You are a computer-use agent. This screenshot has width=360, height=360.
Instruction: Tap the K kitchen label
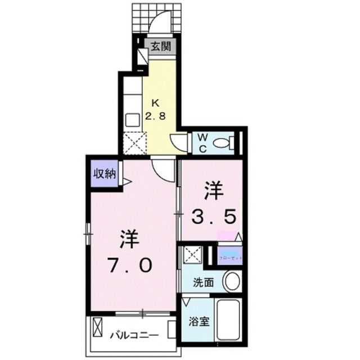point(155,103)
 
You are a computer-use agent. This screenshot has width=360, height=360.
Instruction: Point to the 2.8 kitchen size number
point(156,116)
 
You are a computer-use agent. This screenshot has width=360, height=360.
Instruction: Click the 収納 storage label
point(104,173)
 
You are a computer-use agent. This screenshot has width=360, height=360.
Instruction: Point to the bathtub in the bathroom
point(228,321)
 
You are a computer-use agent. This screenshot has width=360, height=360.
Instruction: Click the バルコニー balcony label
point(133,336)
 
